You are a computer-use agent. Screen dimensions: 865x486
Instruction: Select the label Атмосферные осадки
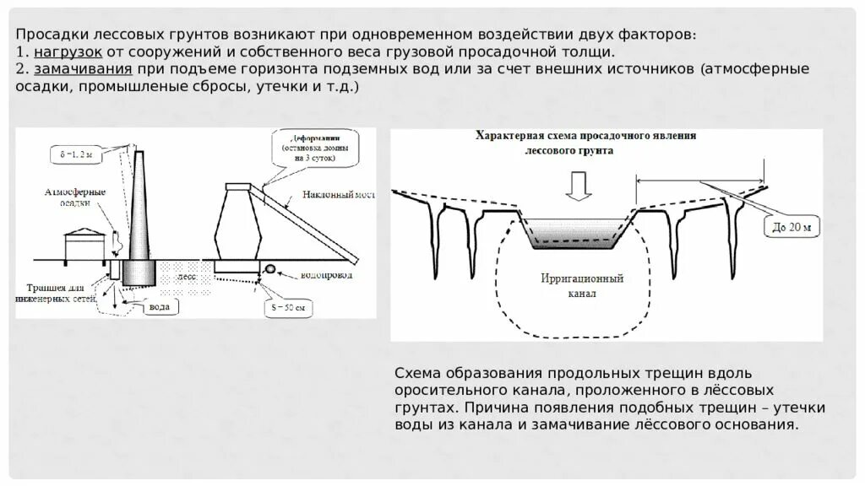75,197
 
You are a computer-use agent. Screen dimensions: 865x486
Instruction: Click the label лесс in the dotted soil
187,276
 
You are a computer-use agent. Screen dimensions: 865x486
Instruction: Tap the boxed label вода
159,306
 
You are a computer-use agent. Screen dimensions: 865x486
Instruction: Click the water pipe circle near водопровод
272,269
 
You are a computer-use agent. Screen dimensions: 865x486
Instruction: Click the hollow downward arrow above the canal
578,185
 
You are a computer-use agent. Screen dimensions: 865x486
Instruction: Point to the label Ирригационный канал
582,285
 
